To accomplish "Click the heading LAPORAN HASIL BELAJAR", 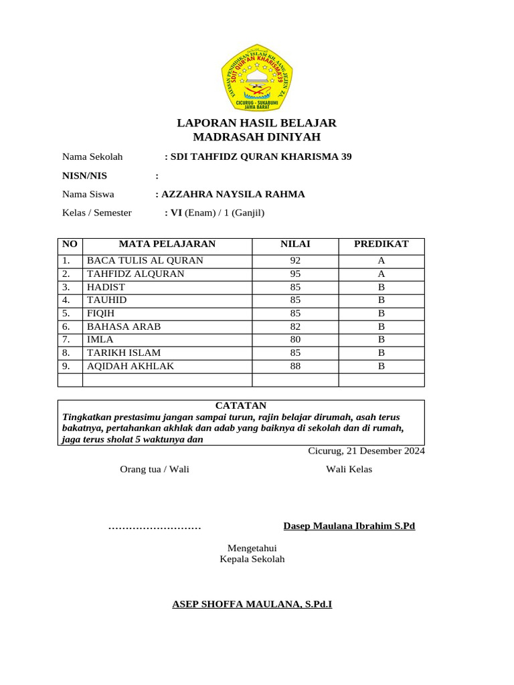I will [256, 123].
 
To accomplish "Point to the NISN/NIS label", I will [84, 176].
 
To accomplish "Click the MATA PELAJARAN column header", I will [167, 245].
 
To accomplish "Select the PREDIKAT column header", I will [381, 245].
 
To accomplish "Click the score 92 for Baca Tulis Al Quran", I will [295, 261].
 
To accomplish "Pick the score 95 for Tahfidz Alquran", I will [295, 274].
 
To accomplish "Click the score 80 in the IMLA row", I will [295, 340].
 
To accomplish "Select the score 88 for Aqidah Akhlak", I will [295, 366].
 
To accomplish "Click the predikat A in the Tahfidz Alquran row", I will [381, 274].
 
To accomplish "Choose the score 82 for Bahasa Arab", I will [295, 326].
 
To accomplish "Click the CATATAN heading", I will [241, 406].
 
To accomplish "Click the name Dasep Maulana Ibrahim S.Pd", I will [349, 526].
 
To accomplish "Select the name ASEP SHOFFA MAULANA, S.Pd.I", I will [252, 605].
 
